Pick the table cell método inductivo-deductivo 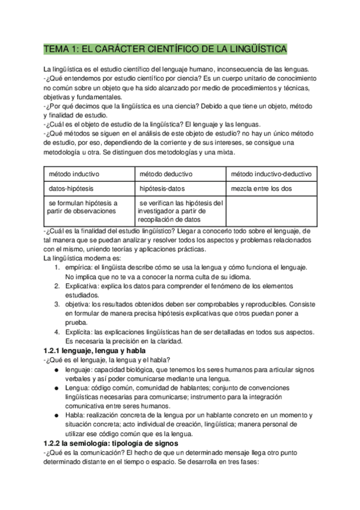(272, 174)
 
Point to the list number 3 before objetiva (56, 304)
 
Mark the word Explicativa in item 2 (84, 286)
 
